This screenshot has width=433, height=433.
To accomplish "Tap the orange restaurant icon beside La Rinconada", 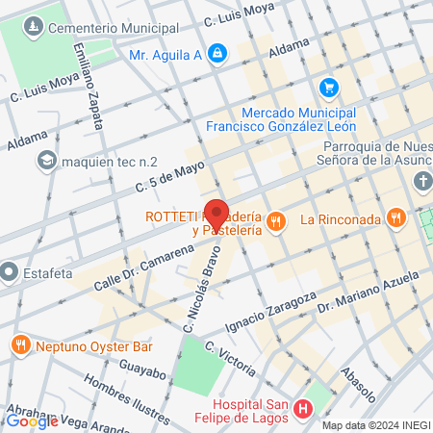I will (x=395, y=218).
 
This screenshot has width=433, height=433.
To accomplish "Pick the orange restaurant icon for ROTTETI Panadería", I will (x=276, y=221).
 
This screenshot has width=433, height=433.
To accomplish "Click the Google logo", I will (x=32, y=420).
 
